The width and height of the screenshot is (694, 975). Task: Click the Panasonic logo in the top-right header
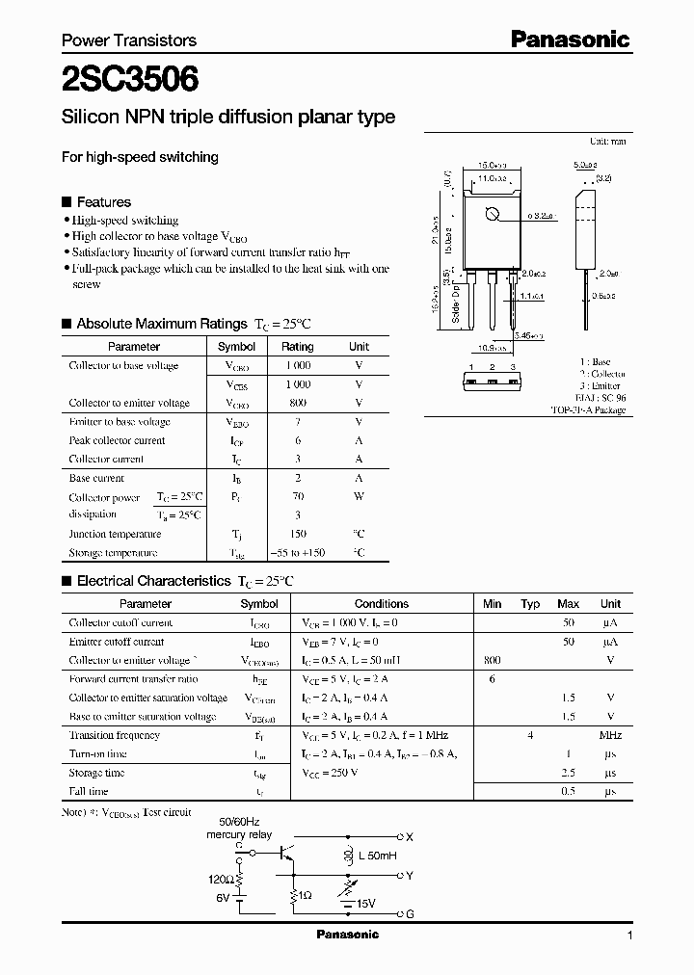(570, 40)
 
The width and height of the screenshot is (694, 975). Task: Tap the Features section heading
(103, 202)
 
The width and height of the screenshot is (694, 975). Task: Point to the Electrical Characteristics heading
(153, 581)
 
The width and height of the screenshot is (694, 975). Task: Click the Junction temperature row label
(115, 535)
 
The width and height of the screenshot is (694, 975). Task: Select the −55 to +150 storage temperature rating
(297, 553)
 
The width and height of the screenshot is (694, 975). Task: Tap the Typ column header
(530, 604)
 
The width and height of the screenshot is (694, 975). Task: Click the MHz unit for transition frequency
(610, 736)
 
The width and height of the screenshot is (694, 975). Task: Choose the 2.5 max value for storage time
(568, 773)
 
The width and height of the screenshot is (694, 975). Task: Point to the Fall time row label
(89, 792)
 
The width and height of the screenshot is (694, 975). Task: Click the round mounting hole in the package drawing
(491, 215)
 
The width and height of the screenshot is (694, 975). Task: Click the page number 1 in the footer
(629, 935)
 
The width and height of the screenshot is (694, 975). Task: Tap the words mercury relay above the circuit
(239, 835)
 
